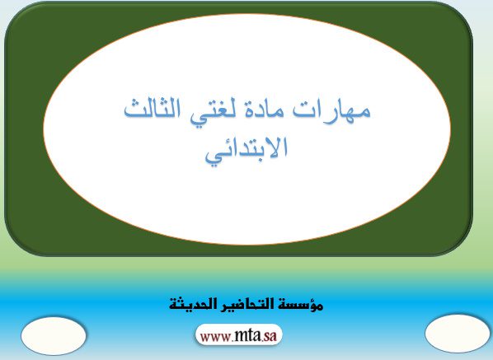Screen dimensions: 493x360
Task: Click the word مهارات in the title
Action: [331, 110]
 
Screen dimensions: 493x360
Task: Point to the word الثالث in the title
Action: [153, 109]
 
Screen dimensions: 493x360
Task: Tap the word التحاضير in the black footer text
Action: [242, 304]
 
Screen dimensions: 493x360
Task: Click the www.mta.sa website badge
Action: [238, 335]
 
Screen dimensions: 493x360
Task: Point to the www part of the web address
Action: [216, 337]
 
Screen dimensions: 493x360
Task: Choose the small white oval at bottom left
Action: [54, 335]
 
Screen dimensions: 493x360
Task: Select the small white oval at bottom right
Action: [458, 334]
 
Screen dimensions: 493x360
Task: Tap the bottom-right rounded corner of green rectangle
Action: [462, 245]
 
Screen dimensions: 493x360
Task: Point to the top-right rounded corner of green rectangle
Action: [462, 12]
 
